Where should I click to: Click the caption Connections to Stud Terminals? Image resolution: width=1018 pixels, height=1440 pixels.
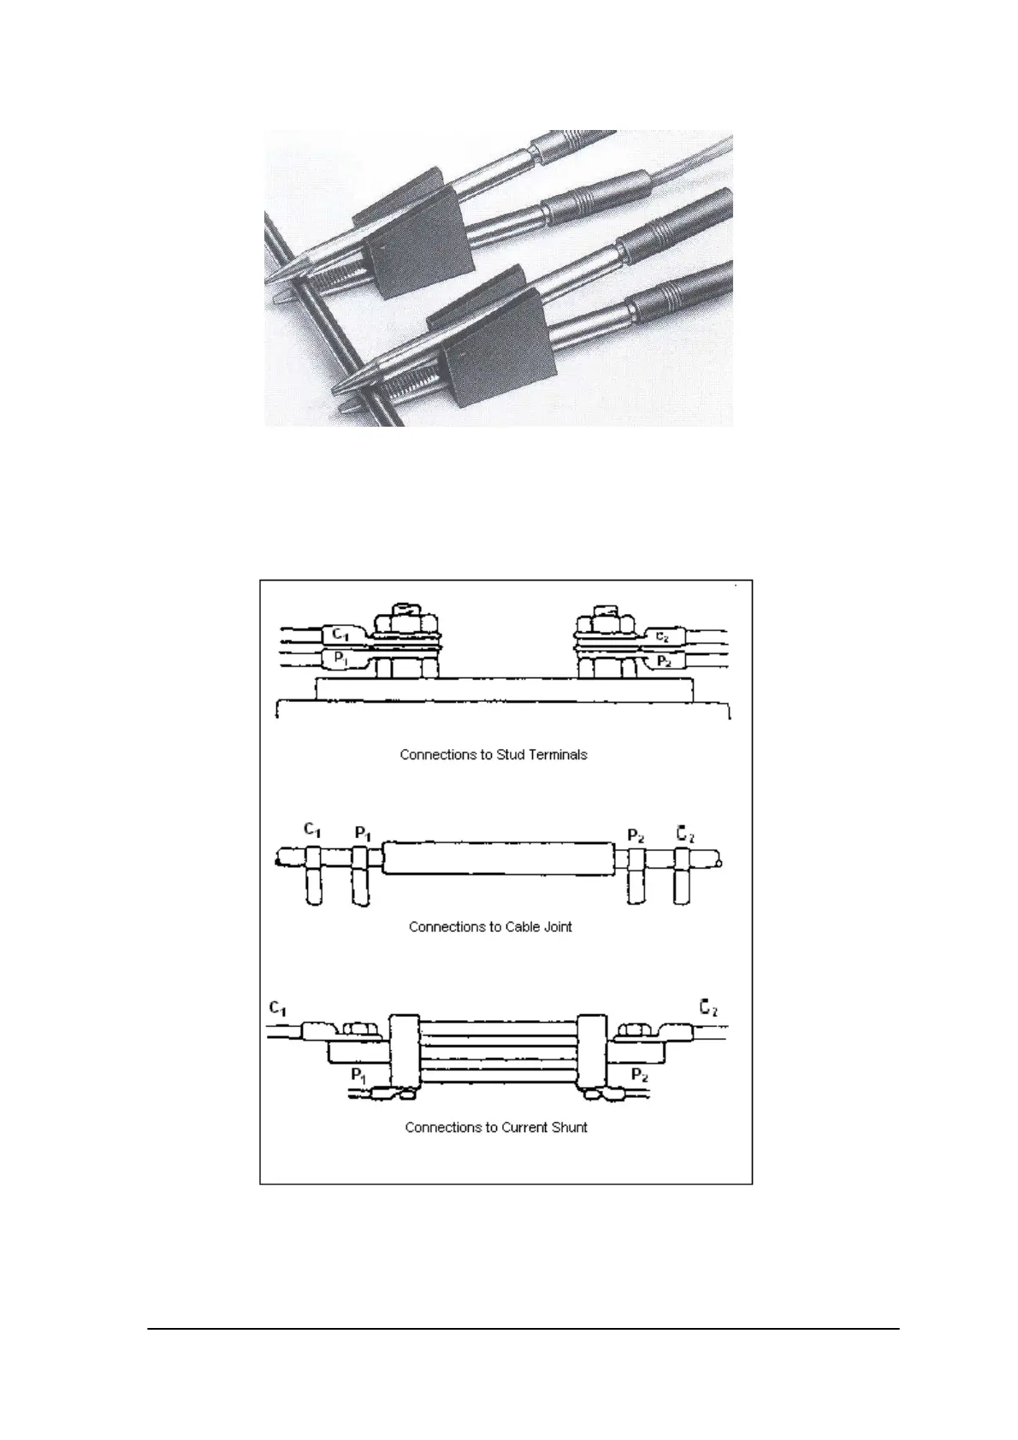pyautogui.click(x=494, y=755)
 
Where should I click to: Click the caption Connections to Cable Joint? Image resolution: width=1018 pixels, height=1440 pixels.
pyautogui.click(x=490, y=926)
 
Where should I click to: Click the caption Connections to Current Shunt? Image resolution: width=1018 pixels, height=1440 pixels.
pyautogui.click(x=496, y=1127)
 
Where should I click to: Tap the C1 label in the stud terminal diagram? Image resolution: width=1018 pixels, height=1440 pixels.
pyautogui.click(x=340, y=634)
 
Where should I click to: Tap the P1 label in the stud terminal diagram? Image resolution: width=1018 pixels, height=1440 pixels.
pyautogui.click(x=340, y=659)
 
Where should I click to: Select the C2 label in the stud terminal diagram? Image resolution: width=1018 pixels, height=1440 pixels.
pyautogui.click(x=662, y=636)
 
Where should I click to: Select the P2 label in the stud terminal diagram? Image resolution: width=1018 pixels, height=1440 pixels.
pyautogui.click(x=663, y=661)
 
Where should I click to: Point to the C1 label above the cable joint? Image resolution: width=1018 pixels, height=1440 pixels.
pyautogui.click(x=313, y=829)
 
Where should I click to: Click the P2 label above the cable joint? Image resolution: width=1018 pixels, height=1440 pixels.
pyautogui.click(x=636, y=835)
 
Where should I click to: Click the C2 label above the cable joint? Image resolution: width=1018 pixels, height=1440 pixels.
pyautogui.click(x=685, y=832)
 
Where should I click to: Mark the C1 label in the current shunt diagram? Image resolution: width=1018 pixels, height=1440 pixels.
pyautogui.click(x=277, y=1008)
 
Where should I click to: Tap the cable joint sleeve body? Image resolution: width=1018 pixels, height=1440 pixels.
pyautogui.click(x=498, y=858)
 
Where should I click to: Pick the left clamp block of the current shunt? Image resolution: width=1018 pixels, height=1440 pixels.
pyautogui.click(x=405, y=1057)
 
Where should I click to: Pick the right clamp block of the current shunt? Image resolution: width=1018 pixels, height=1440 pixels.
pyautogui.click(x=592, y=1057)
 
